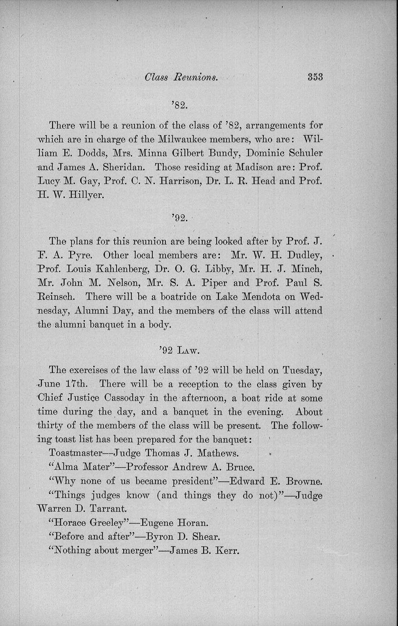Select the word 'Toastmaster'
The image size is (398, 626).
(79, 453)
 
